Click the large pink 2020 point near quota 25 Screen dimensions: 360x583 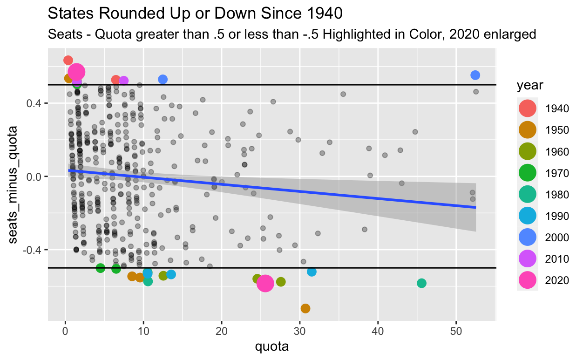point(265,283)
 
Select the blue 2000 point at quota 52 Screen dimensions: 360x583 point(475,75)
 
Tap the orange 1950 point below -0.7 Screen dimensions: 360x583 point(305,308)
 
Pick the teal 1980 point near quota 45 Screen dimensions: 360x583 point(422,283)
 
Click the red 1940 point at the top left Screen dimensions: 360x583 point(68,60)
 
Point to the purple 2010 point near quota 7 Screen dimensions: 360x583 point(123,81)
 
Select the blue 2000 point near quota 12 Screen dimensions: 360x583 point(163,79)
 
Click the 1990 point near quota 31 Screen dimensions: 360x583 point(312,272)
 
